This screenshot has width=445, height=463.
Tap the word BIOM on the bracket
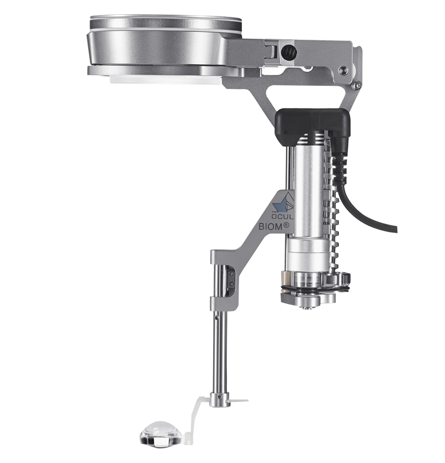pos(270,226)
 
